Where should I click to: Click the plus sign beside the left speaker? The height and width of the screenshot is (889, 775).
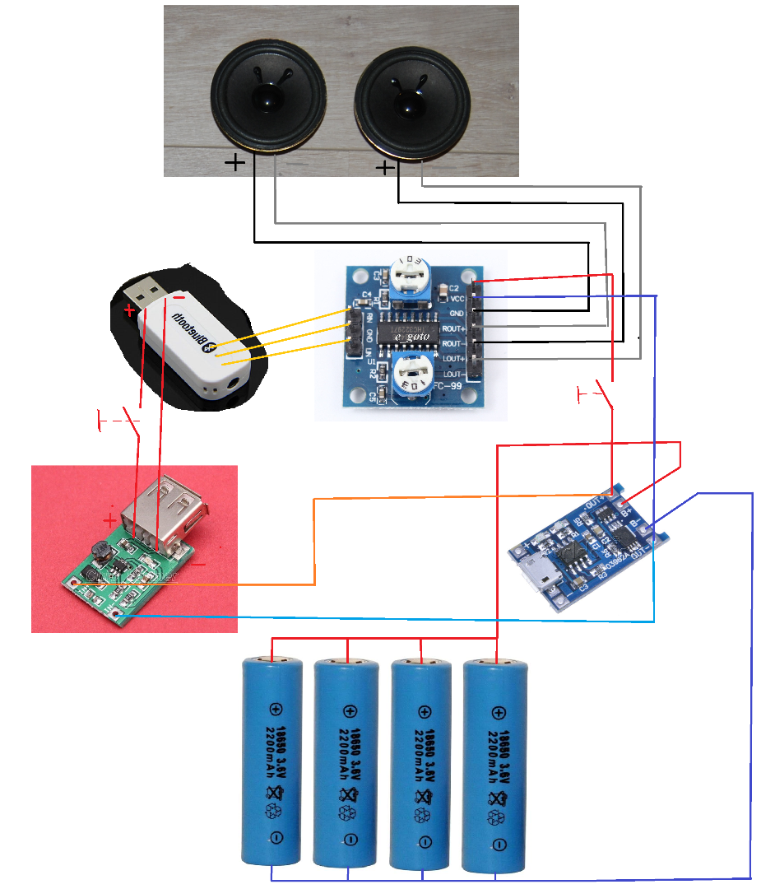(234, 164)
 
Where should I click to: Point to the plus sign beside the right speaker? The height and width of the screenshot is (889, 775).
(384, 169)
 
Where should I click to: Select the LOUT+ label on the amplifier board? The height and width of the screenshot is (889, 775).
(452, 359)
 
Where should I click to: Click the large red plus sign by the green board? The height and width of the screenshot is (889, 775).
(109, 520)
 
